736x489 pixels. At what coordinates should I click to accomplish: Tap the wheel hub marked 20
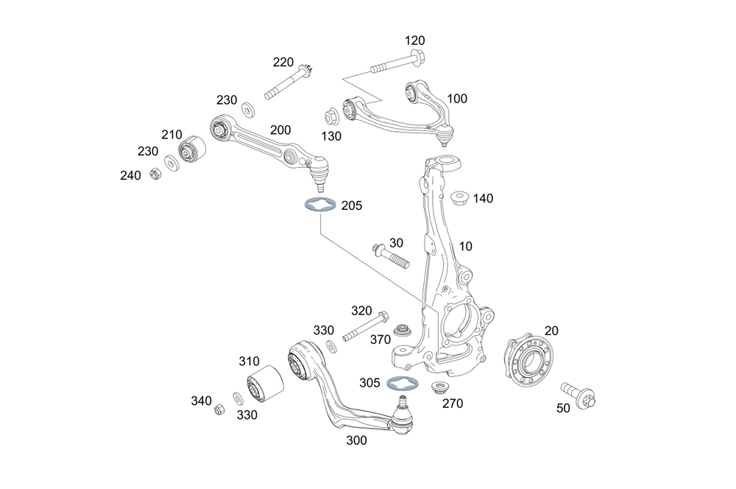click(529, 360)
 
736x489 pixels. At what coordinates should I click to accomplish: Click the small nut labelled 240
click(155, 175)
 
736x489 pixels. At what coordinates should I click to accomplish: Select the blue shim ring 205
click(318, 206)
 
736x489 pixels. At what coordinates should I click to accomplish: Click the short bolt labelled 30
click(389, 255)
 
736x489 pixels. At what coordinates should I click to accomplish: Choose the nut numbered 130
click(332, 116)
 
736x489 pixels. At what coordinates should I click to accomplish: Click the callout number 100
click(457, 98)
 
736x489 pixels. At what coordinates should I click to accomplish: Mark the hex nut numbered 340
click(219, 409)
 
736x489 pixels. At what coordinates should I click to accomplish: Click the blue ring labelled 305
click(402, 383)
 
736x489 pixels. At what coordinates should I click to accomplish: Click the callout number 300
click(356, 440)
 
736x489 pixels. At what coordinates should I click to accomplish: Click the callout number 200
click(280, 130)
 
